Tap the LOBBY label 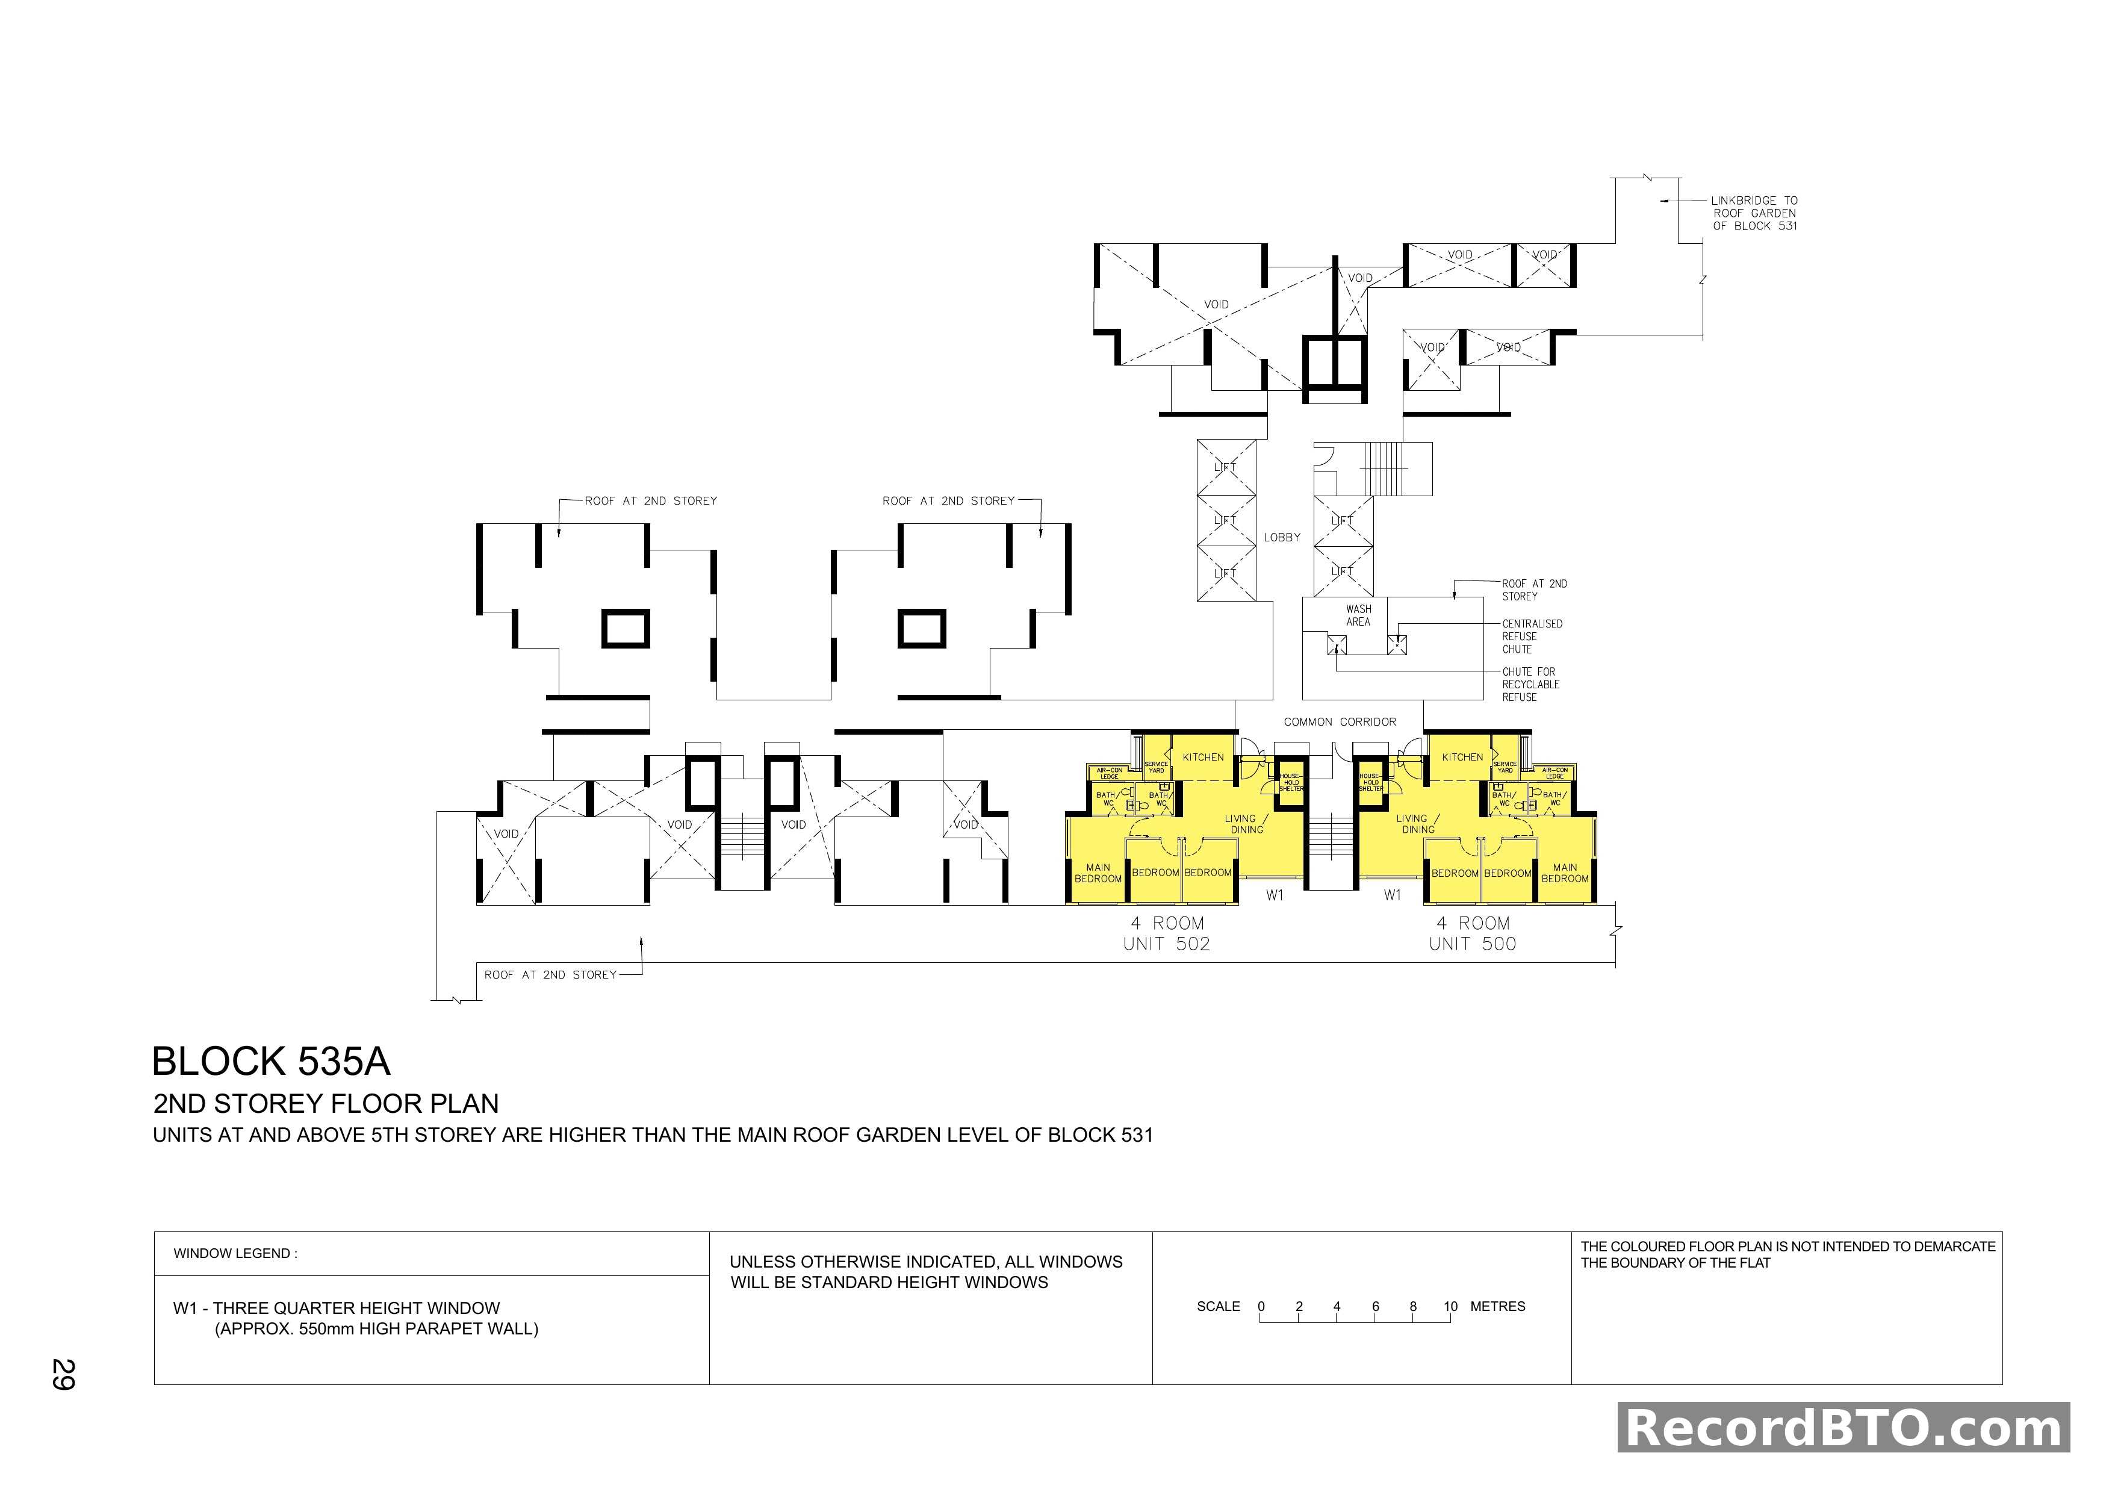(x=1281, y=537)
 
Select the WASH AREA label (x=1358, y=615)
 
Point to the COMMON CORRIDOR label (x=1340, y=722)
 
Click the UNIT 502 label (x=1166, y=944)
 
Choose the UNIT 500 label (x=1472, y=944)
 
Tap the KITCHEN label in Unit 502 (x=1203, y=757)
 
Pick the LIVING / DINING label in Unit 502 (x=1246, y=823)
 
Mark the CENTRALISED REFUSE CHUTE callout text (x=1532, y=637)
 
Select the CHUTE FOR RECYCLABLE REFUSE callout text (x=1530, y=685)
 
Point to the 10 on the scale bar (x=1450, y=1306)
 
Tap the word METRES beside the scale (x=1497, y=1306)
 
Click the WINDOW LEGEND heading (x=235, y=1253)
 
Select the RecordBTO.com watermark (x=1843, y=1428)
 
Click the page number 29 (x=63, y=1374)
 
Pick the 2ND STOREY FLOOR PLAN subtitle (x=326, y=1104)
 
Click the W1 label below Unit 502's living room (x=1274, y=895)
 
